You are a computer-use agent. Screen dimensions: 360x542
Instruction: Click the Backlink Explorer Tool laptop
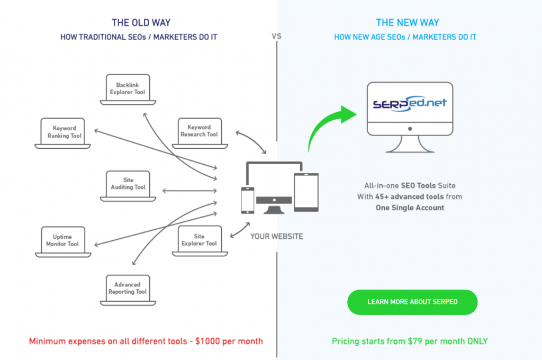pyautogui.click(x=127, y=88)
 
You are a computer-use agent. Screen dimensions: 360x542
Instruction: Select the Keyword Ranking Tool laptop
pyautogui.click(x=64, y=132)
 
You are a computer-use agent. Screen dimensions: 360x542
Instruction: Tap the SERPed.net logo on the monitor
pyautogui.click(x=409, y=102)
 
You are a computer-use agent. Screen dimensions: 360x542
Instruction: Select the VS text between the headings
pyautogui.click(x=276, y=37)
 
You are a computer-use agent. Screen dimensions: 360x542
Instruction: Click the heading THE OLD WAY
pyautogui.click(x=141, y=23)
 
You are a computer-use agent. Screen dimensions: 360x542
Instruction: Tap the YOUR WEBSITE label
pyautogui.click(x=276, y=236)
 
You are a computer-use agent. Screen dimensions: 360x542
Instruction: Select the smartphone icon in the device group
pyautogui.click(x=247, y=199)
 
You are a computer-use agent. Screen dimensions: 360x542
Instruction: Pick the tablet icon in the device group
pyautogui.click(x=306, y=191)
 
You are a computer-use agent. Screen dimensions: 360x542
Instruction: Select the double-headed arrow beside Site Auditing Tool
pyautogui.click(x=189, y=190)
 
